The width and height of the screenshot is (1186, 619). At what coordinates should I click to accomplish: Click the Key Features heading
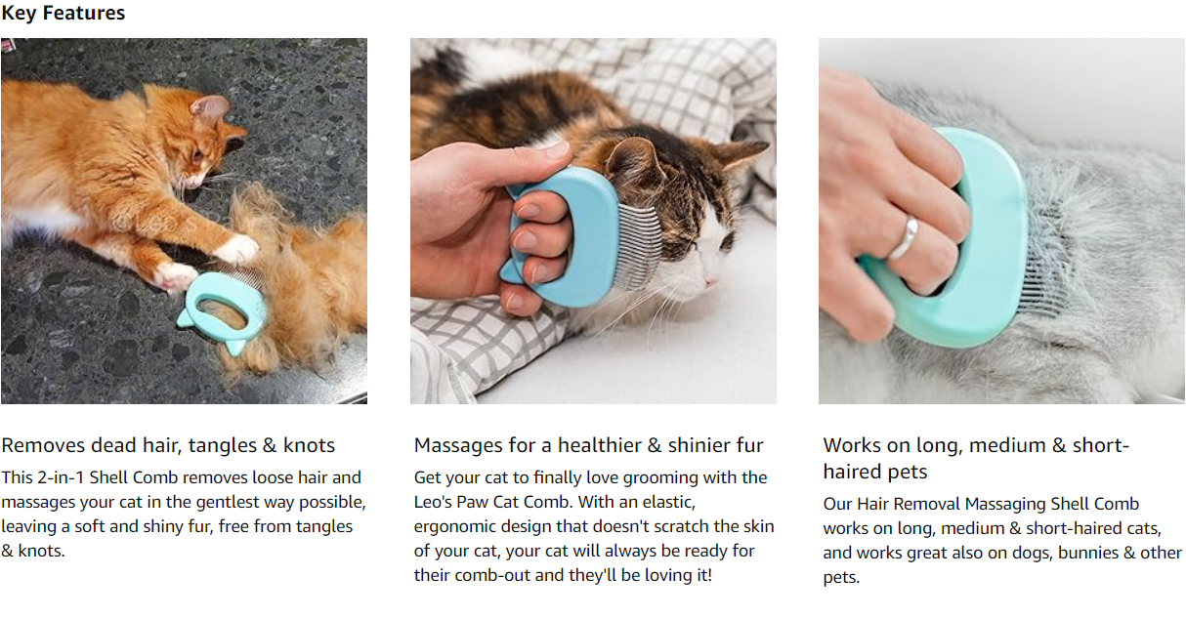click(x=63, y=13)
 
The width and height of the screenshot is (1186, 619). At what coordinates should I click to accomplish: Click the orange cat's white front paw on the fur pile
click(x=238, y=249)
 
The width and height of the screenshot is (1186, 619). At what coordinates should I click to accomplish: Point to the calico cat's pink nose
click(x=710, y=281)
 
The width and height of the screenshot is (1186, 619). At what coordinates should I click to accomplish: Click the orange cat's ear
click(x=210, y=107)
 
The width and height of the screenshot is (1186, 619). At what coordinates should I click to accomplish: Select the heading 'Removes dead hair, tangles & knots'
click(x=168, y=445)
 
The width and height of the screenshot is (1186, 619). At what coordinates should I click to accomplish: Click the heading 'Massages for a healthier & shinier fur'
click(x=588, y=445)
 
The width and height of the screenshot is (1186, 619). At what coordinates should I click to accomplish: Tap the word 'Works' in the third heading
click(x=852, y=445)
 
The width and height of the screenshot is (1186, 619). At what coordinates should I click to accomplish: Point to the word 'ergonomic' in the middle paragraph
click(x=455, y=527)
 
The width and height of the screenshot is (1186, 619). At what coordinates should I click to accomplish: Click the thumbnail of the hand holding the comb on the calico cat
click(x=594, y=222)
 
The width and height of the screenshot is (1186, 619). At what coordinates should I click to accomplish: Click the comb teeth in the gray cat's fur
click(x=1041, y=265)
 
